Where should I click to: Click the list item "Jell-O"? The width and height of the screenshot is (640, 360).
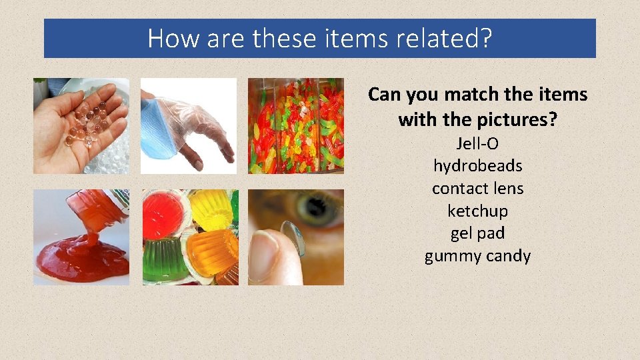477,143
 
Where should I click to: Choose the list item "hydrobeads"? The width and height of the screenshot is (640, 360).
477,166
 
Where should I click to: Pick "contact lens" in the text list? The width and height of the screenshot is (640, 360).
477,189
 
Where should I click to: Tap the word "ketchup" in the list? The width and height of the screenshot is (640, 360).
477,211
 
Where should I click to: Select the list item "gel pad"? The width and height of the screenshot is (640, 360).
477,233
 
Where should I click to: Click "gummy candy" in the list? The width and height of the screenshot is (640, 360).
477,256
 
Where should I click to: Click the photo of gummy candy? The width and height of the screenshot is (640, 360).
296,126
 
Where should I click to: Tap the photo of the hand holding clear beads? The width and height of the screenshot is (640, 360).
81,126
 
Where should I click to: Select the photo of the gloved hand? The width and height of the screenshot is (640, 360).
189,126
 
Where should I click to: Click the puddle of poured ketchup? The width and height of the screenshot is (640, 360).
77,260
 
